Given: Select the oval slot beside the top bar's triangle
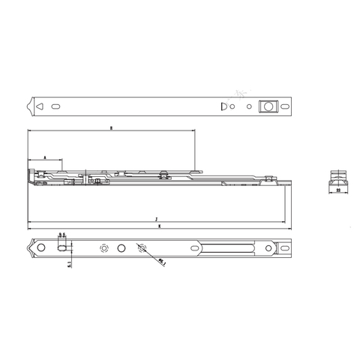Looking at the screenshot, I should tap(58, 106).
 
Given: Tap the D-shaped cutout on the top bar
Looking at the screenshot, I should tap(221, 106).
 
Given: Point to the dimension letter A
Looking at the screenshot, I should tap(45, 158).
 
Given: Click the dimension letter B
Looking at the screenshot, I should tap(110, 129).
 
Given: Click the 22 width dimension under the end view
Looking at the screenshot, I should tap(338, 192).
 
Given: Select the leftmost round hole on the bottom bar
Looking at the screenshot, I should tap(40, 248).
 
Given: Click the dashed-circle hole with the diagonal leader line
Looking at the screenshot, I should tap(140, 247).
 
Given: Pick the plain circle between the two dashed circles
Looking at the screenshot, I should tap(122, 247).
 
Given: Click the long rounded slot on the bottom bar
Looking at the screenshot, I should tap(229, 248).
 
